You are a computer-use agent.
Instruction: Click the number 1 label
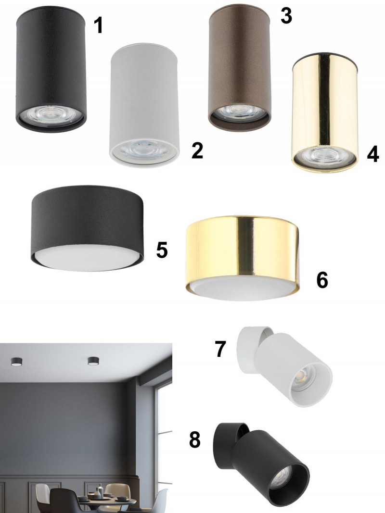tap(98, 25)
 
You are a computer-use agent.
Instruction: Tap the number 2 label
tap(197, 150)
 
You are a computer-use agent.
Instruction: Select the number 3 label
tap(286, 16)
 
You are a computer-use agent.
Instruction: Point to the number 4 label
tap(373, 154)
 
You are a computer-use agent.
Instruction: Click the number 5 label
tap(162, 250)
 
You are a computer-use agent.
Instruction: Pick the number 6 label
tap(322, 280)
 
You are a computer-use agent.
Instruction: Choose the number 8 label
tap(195, 440)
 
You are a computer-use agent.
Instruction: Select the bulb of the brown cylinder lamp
tap(240, 110)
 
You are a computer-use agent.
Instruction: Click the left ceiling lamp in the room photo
tap(16, 361)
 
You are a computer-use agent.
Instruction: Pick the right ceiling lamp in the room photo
tap(93, 361)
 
